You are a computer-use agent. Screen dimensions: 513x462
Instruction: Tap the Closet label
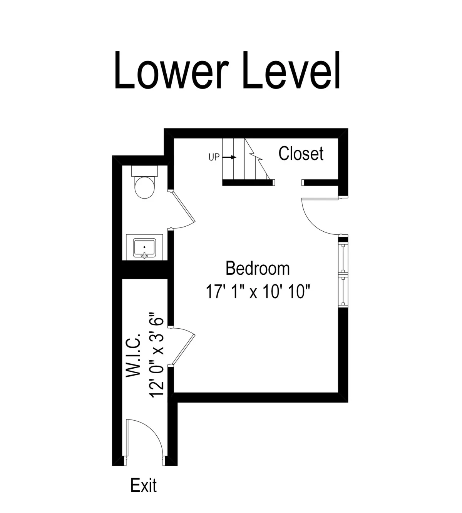pyautogui.click(x=301, y=154)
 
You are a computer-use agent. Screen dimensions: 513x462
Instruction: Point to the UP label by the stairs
pyautogui.click(x=214, y=157)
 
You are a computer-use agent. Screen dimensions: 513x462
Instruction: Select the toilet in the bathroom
pyautogui.click(x=144, y=187)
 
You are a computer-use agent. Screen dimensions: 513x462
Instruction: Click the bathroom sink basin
pyautogui.click(x=144, y=247)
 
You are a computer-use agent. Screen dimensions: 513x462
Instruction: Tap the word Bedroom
pyautogui.click(x=258, y=268)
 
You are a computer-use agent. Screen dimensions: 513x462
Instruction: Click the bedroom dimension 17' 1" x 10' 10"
pyautogui.click(x=258, y=292)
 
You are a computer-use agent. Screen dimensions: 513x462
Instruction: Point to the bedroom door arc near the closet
pyautogui.click(x=314, y=221)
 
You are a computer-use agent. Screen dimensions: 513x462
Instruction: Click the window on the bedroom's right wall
pyautogui.click(x=343, y=271)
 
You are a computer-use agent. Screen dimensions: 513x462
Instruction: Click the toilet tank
pyautogui.click(x=144, y=170)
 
